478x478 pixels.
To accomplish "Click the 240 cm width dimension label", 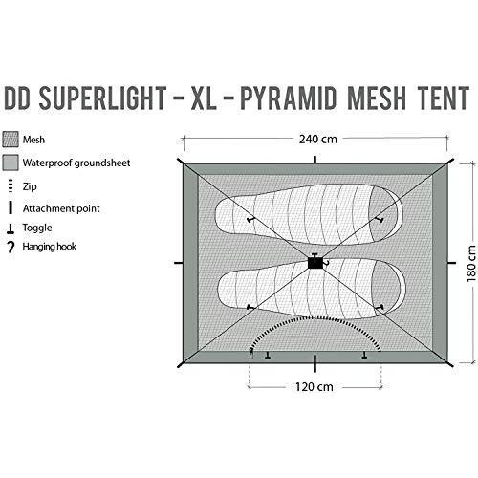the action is pos(317,140).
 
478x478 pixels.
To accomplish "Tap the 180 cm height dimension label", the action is pos(471,264).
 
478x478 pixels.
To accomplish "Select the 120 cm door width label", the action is pos(315,387).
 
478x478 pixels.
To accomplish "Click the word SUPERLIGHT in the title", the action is pos(102,98).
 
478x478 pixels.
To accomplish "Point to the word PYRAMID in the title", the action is pos(288,98).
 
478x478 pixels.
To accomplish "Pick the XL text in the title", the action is pos(204,98).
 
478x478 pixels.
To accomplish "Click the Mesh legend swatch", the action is pos(11,140).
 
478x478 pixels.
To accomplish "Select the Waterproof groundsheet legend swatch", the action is pos(11,163).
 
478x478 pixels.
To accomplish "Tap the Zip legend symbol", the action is pos(11,186).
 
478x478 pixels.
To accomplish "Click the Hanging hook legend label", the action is pos(50,247).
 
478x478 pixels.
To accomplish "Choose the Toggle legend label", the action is pos(37,228).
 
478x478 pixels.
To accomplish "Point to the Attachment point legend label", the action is pos(61,208).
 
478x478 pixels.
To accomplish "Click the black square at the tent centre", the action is pos(315,263).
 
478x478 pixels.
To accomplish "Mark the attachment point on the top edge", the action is pos(315,160).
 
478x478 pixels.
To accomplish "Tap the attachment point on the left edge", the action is pos(179,263).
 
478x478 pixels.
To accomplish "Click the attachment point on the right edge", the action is pos(452,263).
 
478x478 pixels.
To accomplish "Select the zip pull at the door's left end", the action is pos(251,354).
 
